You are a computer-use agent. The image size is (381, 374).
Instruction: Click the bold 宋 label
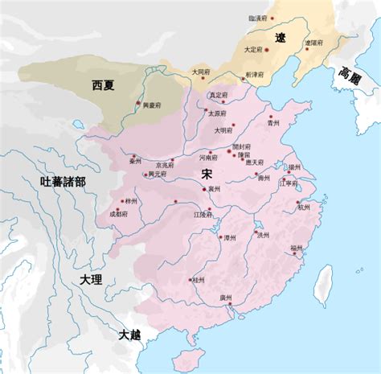(207, 174)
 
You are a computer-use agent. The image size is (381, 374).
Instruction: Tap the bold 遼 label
(279, 38)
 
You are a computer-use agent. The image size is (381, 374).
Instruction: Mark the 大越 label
(129, 334)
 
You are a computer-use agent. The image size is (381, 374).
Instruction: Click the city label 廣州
(225, 298)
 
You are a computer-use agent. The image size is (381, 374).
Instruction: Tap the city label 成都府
(118, 215)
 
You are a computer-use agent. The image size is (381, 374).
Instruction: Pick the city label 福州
(297, 246)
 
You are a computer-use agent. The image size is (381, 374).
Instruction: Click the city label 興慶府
(152, 104)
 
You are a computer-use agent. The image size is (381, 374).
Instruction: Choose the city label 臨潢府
(260, 16)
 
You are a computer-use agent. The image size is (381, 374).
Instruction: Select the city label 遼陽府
(313, 42)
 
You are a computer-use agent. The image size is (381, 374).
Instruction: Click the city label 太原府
(217, 113)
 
